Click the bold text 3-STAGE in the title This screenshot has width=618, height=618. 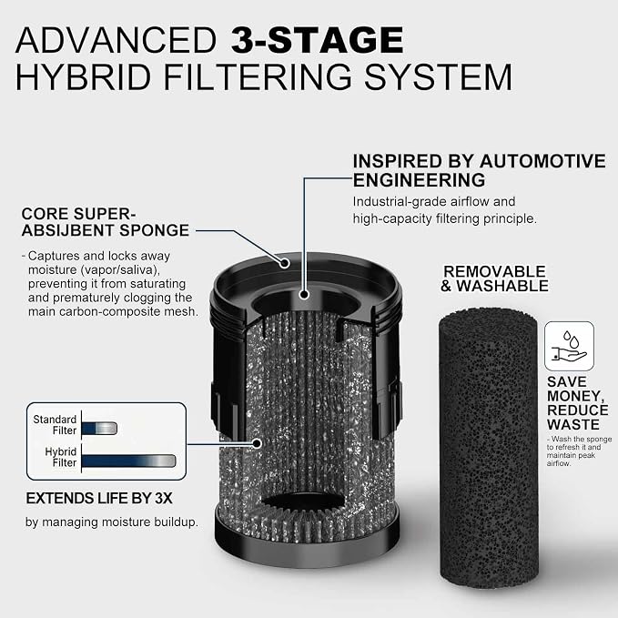pos(318,40)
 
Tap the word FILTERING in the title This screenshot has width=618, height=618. pos(258,76)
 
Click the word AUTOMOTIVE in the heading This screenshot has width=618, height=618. pos(542,161)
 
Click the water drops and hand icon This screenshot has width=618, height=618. pos(569,346)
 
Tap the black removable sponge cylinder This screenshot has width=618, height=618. pos(489,448)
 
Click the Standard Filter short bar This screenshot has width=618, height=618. pos(100,429)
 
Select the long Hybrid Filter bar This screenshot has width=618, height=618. pos(129,461)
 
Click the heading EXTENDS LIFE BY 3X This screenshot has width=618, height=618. pos(99,499)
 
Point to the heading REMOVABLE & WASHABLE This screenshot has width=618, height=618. pos(494,279)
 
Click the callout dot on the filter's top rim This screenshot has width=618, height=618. pos(285,263)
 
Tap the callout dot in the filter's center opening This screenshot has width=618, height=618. pos(303,294)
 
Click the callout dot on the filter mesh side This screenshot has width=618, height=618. pos(257,444)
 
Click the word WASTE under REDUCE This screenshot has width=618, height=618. pos(573,425)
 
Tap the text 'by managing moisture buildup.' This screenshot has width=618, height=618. pos(112,522)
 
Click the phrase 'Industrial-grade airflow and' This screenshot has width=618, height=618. pos(434,202)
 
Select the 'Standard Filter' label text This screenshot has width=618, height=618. pos(55,425)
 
